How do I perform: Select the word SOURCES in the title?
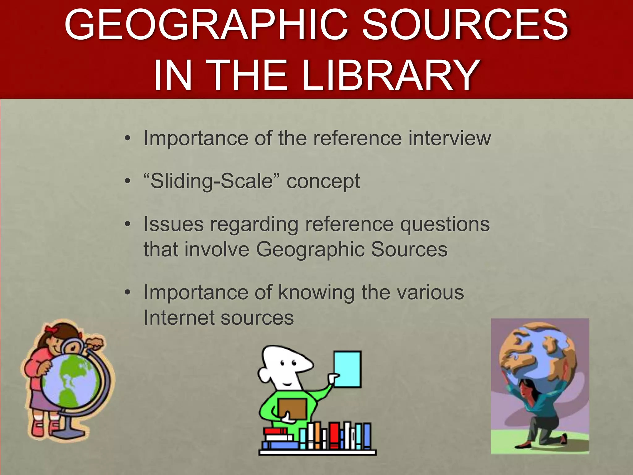click(x=465, y=25)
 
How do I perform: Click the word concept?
click(x=323, y=182)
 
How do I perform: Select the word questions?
click(x=445, y=225)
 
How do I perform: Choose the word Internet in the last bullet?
click(x=179, y=318)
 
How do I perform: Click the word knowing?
click(x=316, y=293)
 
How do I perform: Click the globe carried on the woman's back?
click(x=538, y=353)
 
